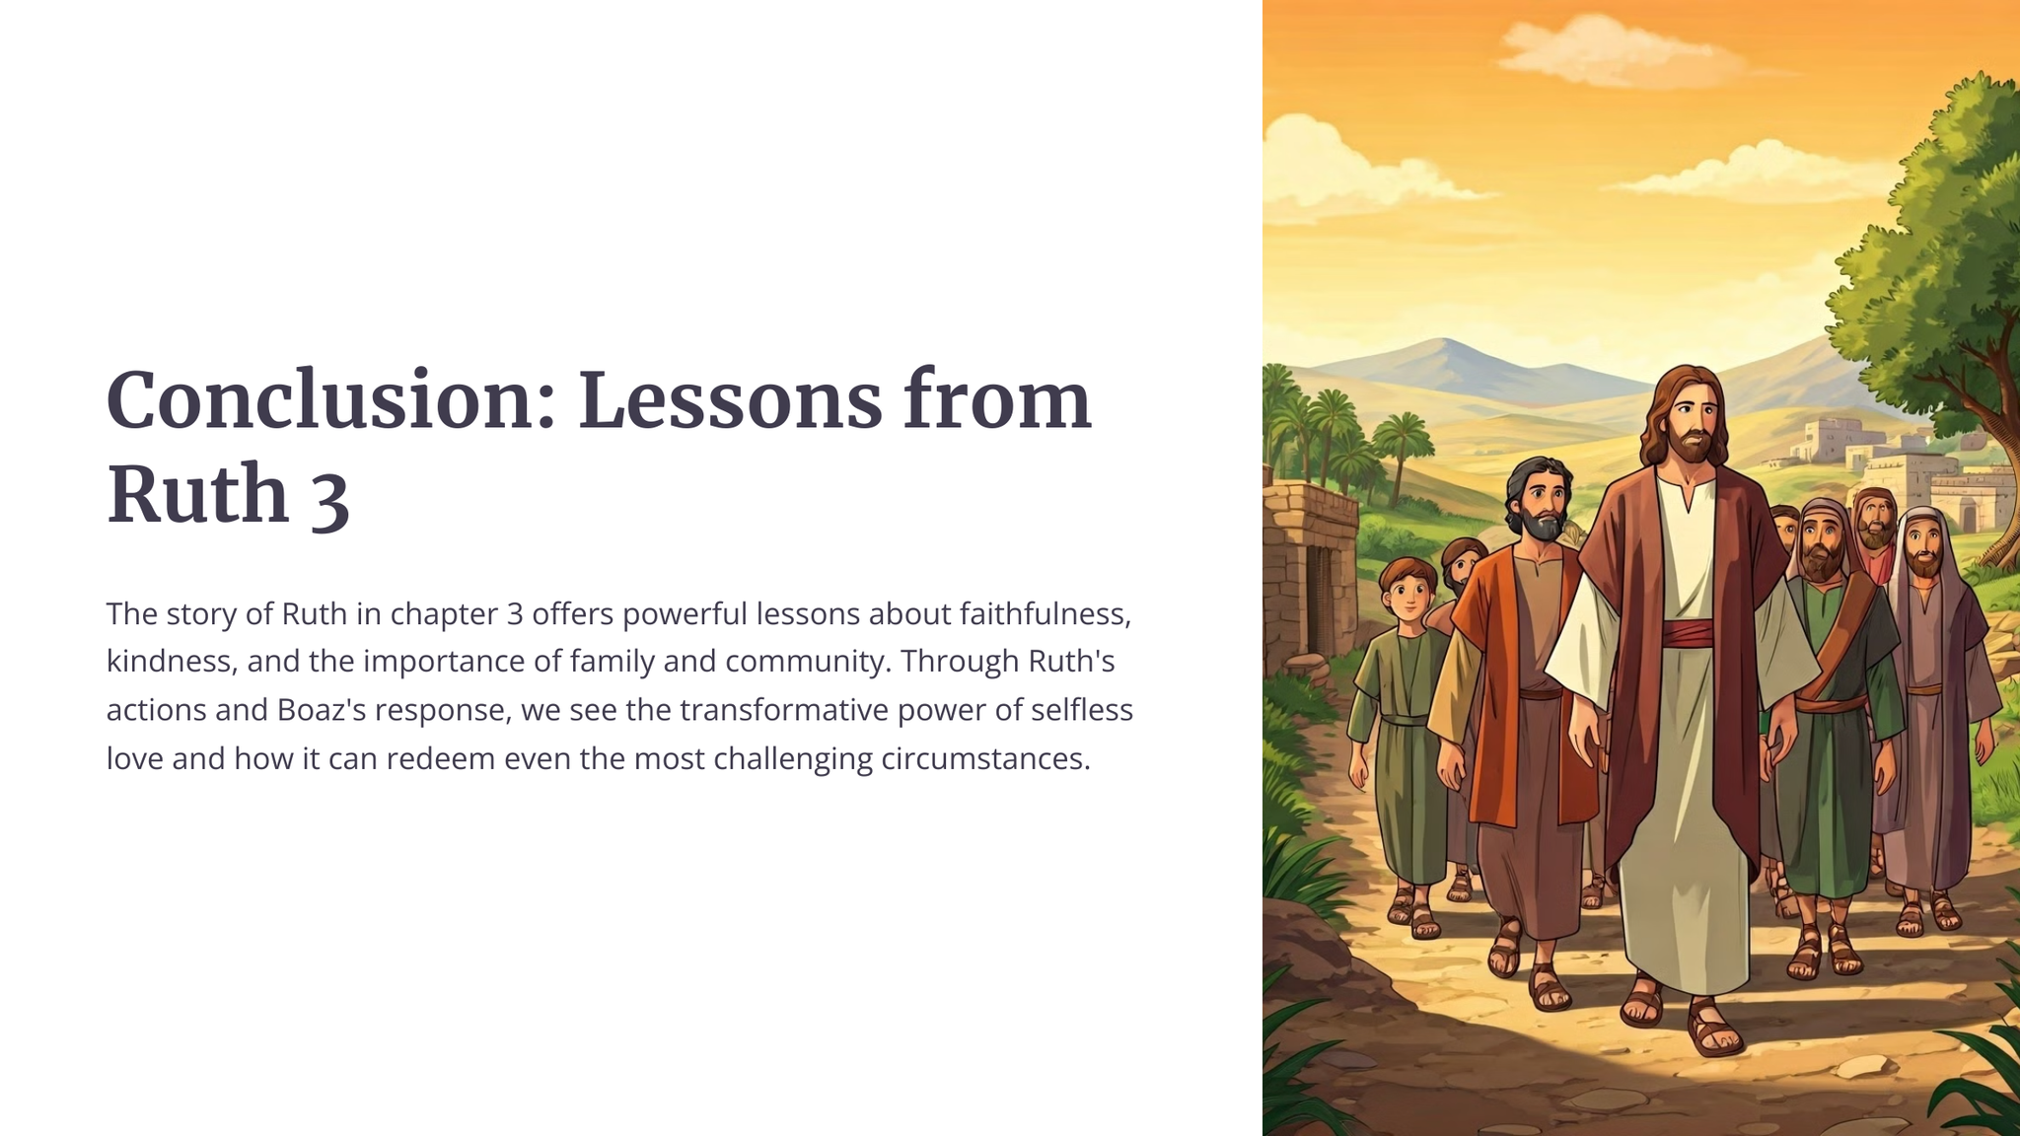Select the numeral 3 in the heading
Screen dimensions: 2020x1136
(330, 496)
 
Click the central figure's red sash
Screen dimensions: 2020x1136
(1689, 632)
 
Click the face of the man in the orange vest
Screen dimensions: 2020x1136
(1541, 503)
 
